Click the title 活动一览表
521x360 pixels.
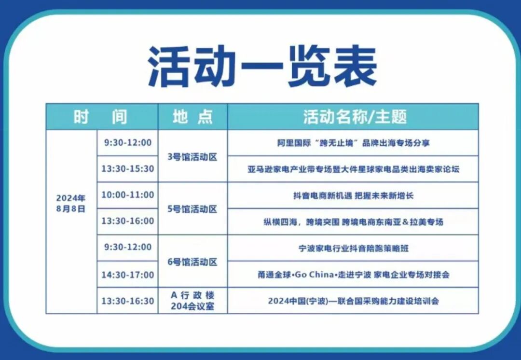(x=262, y=67)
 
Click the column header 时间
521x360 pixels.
(x=101, y=117)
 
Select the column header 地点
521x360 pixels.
(x=192, y=117)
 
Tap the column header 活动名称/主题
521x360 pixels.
(x=355, y=117)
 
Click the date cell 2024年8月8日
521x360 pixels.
(x=71, y=204)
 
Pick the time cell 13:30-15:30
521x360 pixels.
(x=127, y=169)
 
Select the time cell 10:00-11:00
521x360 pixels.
(x=127, y=195)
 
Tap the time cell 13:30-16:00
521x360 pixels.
(x=127, y=221)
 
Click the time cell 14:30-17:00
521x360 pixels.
(x=127, y=275)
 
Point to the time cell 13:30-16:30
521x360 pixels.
(x=127, y=301)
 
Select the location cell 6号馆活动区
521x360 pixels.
(x=192, y=262)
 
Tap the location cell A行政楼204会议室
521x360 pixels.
(x=192, y=301)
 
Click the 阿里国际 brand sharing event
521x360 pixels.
(x=353, y=143)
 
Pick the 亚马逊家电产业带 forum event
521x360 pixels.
(x=353, y=169)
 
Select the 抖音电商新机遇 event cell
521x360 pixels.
(x=353, y=196)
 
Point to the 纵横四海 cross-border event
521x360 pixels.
(x=353, y=222)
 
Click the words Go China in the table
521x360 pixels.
(x=313, y=275)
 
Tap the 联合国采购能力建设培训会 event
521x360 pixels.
(x=353, y=301)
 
